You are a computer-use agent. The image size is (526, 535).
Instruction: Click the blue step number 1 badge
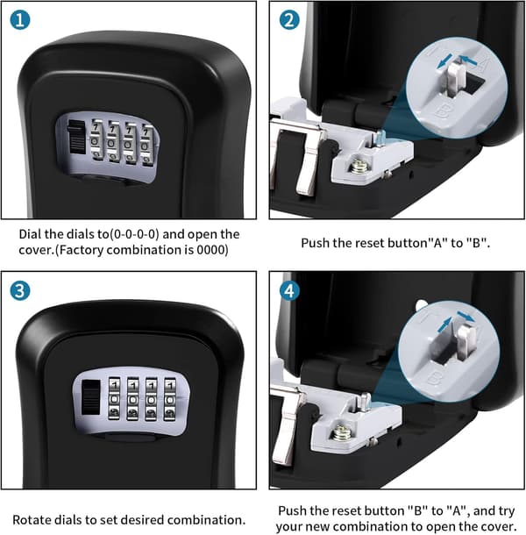pos(20,20)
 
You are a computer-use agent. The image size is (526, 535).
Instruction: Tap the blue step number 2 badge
pos(289,20)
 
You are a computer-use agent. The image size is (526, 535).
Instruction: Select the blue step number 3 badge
pos(20,290)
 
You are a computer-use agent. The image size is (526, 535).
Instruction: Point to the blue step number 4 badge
pos(289,290)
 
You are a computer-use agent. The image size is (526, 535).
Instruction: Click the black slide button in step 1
pos(76,137)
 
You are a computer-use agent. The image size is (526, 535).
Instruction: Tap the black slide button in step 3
pos(91,397)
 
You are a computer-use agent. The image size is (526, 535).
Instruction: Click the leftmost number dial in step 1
pos(96,139)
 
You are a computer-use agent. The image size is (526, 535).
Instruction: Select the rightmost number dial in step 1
pos(146,146)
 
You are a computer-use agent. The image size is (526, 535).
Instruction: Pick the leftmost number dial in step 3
pos(114,398)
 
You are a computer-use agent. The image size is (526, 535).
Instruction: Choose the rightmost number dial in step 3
pos(170,398)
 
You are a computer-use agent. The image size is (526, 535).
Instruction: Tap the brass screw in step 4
pos(339,432)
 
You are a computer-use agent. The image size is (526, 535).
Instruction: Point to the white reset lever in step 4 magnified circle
pos(466,342)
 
